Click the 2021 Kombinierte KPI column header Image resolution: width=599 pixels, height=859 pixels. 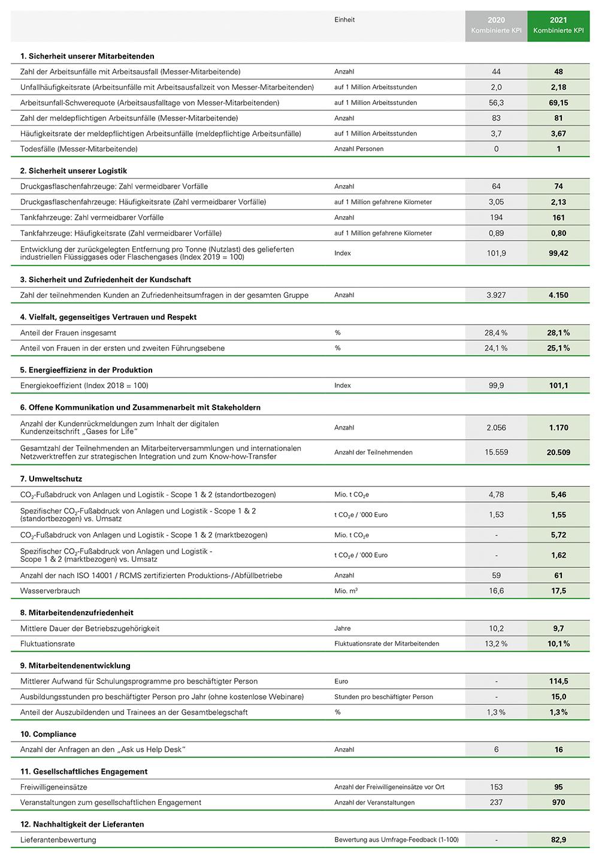[558, 25]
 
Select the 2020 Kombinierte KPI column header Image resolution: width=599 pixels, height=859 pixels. [496, 25]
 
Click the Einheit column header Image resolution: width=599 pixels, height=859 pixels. [344, 20]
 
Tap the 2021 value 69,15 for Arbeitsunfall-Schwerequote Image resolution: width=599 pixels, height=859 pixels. [558, 102]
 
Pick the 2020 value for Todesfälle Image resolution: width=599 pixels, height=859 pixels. [496, 149]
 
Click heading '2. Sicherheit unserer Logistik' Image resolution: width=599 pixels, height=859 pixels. [74, 171]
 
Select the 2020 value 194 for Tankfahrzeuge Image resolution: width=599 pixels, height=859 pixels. [496, 217]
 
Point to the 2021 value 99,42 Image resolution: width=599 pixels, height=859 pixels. [558, 253]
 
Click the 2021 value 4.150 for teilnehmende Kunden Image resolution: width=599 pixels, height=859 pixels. [558, 295]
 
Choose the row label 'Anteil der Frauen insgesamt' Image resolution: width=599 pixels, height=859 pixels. [68, 332]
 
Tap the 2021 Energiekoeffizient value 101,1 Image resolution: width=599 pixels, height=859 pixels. [558, 385]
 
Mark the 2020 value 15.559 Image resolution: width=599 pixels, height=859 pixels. [496, 452]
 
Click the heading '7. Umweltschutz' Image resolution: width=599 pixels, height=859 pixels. [51, 479]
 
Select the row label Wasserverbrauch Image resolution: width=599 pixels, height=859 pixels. [50, 591]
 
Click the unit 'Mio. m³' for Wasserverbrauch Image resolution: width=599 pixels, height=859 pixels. [346, 591]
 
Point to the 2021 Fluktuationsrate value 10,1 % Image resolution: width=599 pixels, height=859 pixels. [558, 643]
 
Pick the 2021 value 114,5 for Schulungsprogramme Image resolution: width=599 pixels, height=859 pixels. [558, 681]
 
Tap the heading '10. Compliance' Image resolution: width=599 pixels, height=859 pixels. [49, 734]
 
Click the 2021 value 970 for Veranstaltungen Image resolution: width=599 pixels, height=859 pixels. [558, 802]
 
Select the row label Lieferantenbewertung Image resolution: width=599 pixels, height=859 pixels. [58, 840]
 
